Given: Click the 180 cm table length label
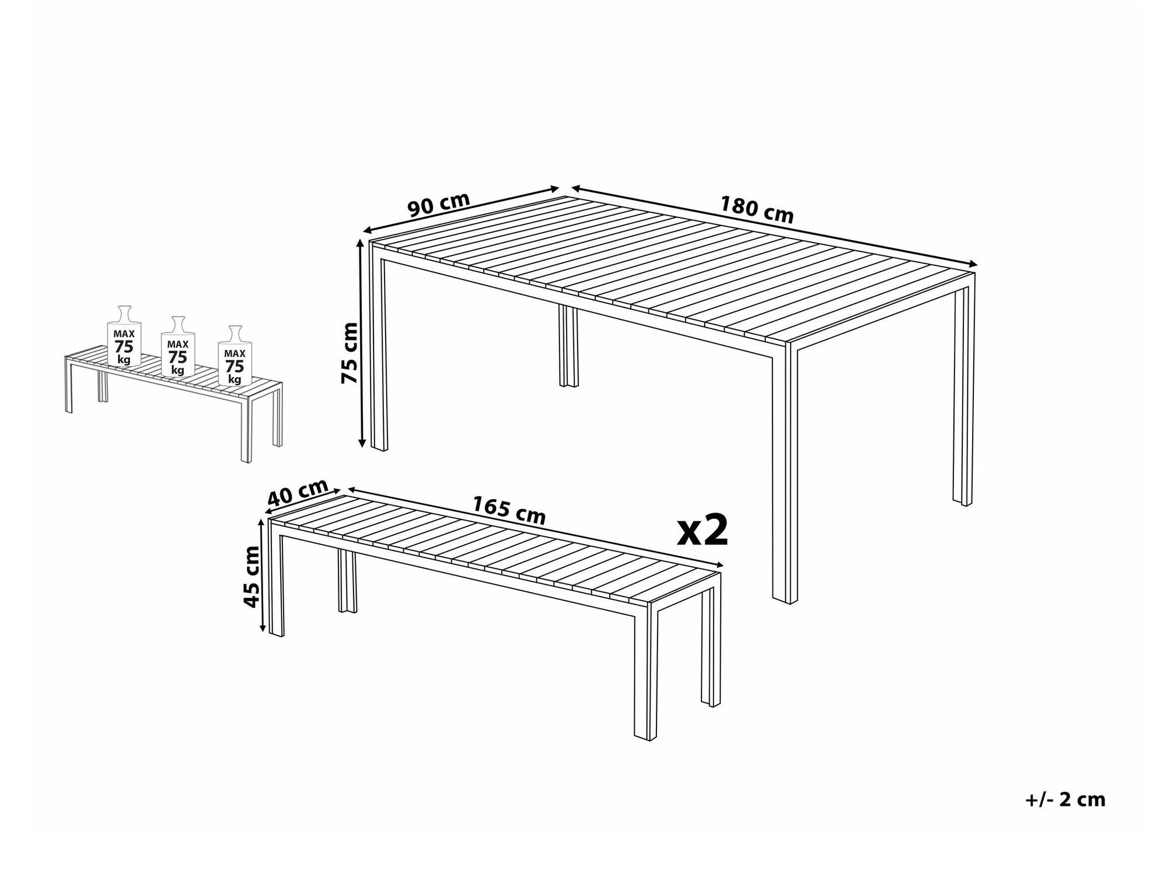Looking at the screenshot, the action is [756, 210].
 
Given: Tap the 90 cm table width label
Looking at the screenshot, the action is [439, 204].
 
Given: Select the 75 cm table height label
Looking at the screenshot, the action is [350, 353].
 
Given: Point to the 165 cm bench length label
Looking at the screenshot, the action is [509, 510].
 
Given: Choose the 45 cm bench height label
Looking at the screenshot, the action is [251, 576].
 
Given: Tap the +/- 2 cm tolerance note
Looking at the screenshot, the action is [1065, 800].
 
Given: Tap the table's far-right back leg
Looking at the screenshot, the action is [964, 396].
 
